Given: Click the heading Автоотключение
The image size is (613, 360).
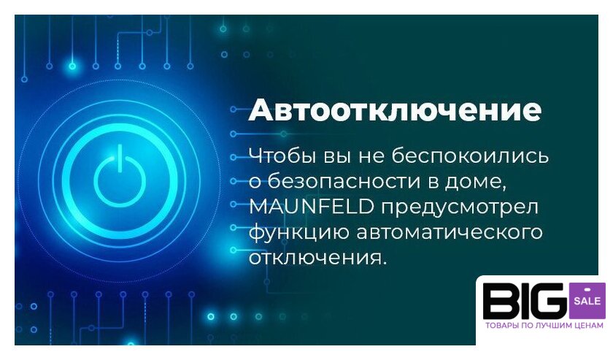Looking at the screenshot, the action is tap(395, 110).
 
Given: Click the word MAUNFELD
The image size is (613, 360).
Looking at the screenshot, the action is tap(311, 207).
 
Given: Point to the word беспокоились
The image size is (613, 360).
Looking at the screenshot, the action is tap(470, 156).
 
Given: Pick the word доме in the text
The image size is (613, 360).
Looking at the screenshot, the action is tap(475, 183).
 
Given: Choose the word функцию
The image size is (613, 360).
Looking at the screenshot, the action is tap(298, 233).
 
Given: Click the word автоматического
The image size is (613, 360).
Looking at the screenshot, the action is tap(450, 232).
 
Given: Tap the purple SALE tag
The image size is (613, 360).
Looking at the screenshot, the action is tap(587, 301).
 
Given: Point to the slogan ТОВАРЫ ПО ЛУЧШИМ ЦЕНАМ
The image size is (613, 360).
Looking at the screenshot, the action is tap(544, 326).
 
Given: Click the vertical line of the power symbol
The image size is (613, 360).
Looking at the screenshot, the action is tap(120, 158).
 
